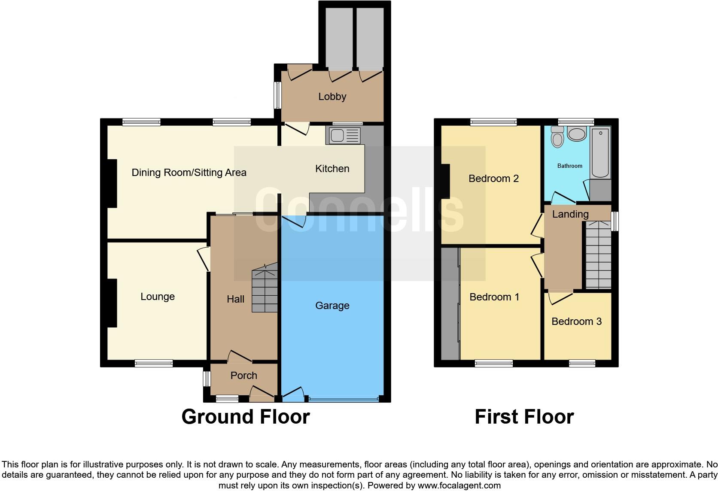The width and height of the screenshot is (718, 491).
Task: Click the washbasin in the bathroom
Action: (x=577, y=134)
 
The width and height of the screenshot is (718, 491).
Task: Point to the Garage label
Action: (x=332, y=306)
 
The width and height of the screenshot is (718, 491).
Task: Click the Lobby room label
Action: (x=332, y=97)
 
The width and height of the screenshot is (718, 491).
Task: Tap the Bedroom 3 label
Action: (x=576, y=321)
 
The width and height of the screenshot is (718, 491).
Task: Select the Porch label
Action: (x=243, y=376)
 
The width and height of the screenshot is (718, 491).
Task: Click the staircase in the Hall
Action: (x=265, y=290)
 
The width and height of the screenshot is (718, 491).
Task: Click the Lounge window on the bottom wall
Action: (x=154, y=364)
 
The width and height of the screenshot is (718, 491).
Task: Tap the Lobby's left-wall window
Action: (x=278, y=95)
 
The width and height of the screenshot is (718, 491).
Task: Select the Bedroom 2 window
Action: (x=493, y=122)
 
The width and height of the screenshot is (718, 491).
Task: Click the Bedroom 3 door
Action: (x=560, y=297)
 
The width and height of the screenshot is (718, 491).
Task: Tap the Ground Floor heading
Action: (x=245, y=417)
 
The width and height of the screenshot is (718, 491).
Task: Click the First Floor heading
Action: (x=524, y=417)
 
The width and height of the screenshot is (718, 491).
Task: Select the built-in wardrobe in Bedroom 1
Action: (x=450, y=303)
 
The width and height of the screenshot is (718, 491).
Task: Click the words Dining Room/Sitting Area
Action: (x=189, y=173)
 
